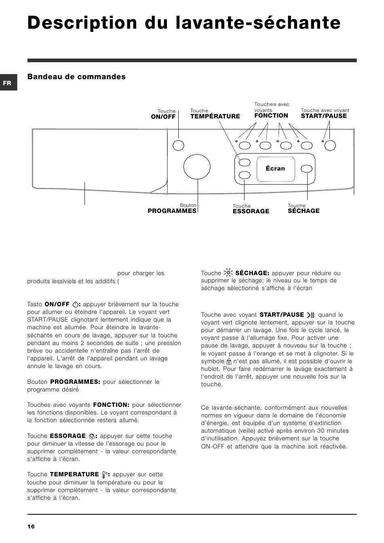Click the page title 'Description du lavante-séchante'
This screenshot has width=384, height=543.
pyautogui.click(x=184, y=23)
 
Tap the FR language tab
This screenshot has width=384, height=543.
pyautogui.click(x=7, y=83)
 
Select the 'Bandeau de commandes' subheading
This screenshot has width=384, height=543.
pyautogui.click(x=76, y=77)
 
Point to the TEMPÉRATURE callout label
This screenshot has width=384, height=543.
pyautogui.click(x=215, y=116)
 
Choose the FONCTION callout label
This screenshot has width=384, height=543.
pyautogui.click(x=271, y=116)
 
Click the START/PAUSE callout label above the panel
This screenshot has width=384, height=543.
pyautogui.click(x=324, y=116)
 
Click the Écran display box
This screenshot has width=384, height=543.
pyautogui.click(x=275, y=168)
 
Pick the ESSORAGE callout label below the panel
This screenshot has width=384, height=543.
pyautogui.click(x=251, y=211)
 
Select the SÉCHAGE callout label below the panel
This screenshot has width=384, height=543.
pyautogui.click(x=304, y=211)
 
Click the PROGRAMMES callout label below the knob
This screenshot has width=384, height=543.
pyautogui.click(x=172, y=211)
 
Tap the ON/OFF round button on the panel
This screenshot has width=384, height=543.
pyautogui.click(x=178, y=145)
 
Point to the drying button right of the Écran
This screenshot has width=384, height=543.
pyautogui.click(x=307, y=168)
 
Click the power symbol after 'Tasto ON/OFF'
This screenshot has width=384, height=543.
pyautogui.click(x=75, y=305)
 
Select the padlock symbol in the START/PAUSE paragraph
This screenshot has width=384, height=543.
pyautogui.click(x=229, y=362)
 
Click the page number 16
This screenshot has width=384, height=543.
pyautogui.click(x=31, y=526)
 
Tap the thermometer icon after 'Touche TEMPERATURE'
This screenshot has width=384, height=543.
pyautogui.click(x=105, y=475)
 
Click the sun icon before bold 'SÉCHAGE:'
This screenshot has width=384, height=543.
pyautogui.click(x=228, y=273)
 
